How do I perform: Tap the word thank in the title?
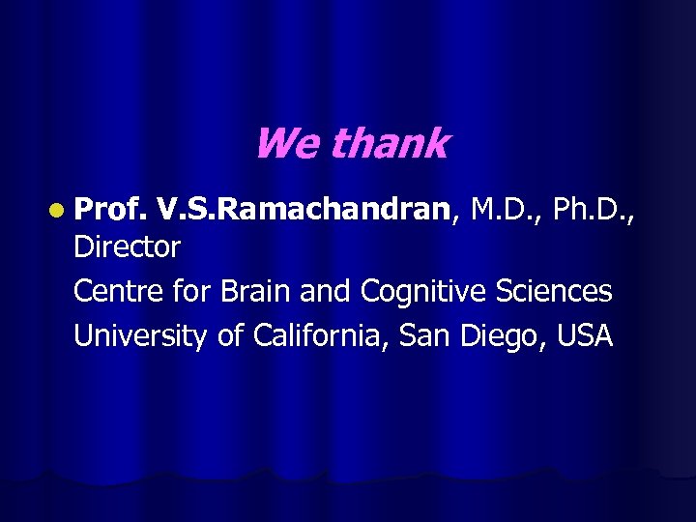(x=390, y=144)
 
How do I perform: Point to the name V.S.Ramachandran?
(x=305, y=205)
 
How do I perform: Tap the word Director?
(x=127, y=247)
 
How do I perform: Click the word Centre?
(x=117, y=290)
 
